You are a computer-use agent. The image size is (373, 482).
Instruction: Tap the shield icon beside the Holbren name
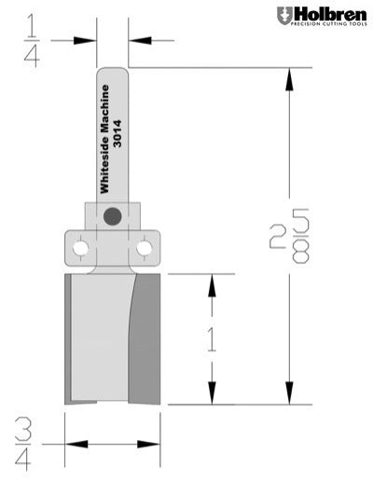(283, 16)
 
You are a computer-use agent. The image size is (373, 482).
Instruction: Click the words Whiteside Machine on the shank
(104, 125)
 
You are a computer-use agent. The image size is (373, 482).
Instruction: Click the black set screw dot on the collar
(113, 216)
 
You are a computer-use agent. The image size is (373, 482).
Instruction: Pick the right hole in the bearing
(144, 248)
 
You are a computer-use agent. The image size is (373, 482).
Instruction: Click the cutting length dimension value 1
(212, 338)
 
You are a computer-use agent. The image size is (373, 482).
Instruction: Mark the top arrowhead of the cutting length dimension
(213, 282)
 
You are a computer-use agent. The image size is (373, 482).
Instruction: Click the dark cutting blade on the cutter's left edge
(69, 340)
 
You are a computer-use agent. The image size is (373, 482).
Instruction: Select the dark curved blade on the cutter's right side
(145, 340)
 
